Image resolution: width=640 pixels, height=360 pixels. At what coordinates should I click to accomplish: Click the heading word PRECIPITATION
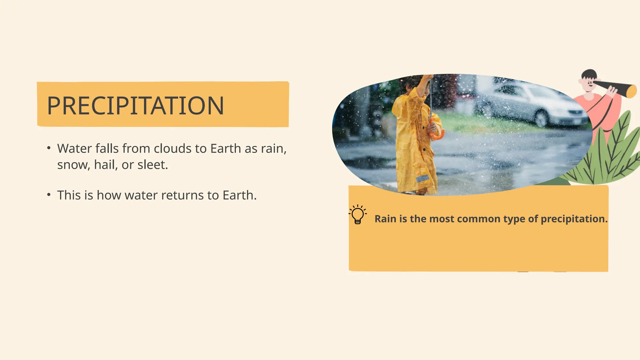tap(135, 106)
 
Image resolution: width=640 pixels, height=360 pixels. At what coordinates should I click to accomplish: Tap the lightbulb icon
tap(357, 214)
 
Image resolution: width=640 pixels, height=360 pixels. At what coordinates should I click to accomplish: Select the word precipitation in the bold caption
tap(574, 219)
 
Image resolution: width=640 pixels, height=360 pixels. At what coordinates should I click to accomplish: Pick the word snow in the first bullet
tap(72, 165)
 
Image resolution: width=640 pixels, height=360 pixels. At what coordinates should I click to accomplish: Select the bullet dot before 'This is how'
tap(49, 195)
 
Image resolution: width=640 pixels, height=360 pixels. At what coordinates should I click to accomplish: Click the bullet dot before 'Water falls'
tap(49, 148)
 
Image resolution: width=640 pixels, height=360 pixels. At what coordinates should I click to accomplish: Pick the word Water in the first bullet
tap(74, 148)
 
